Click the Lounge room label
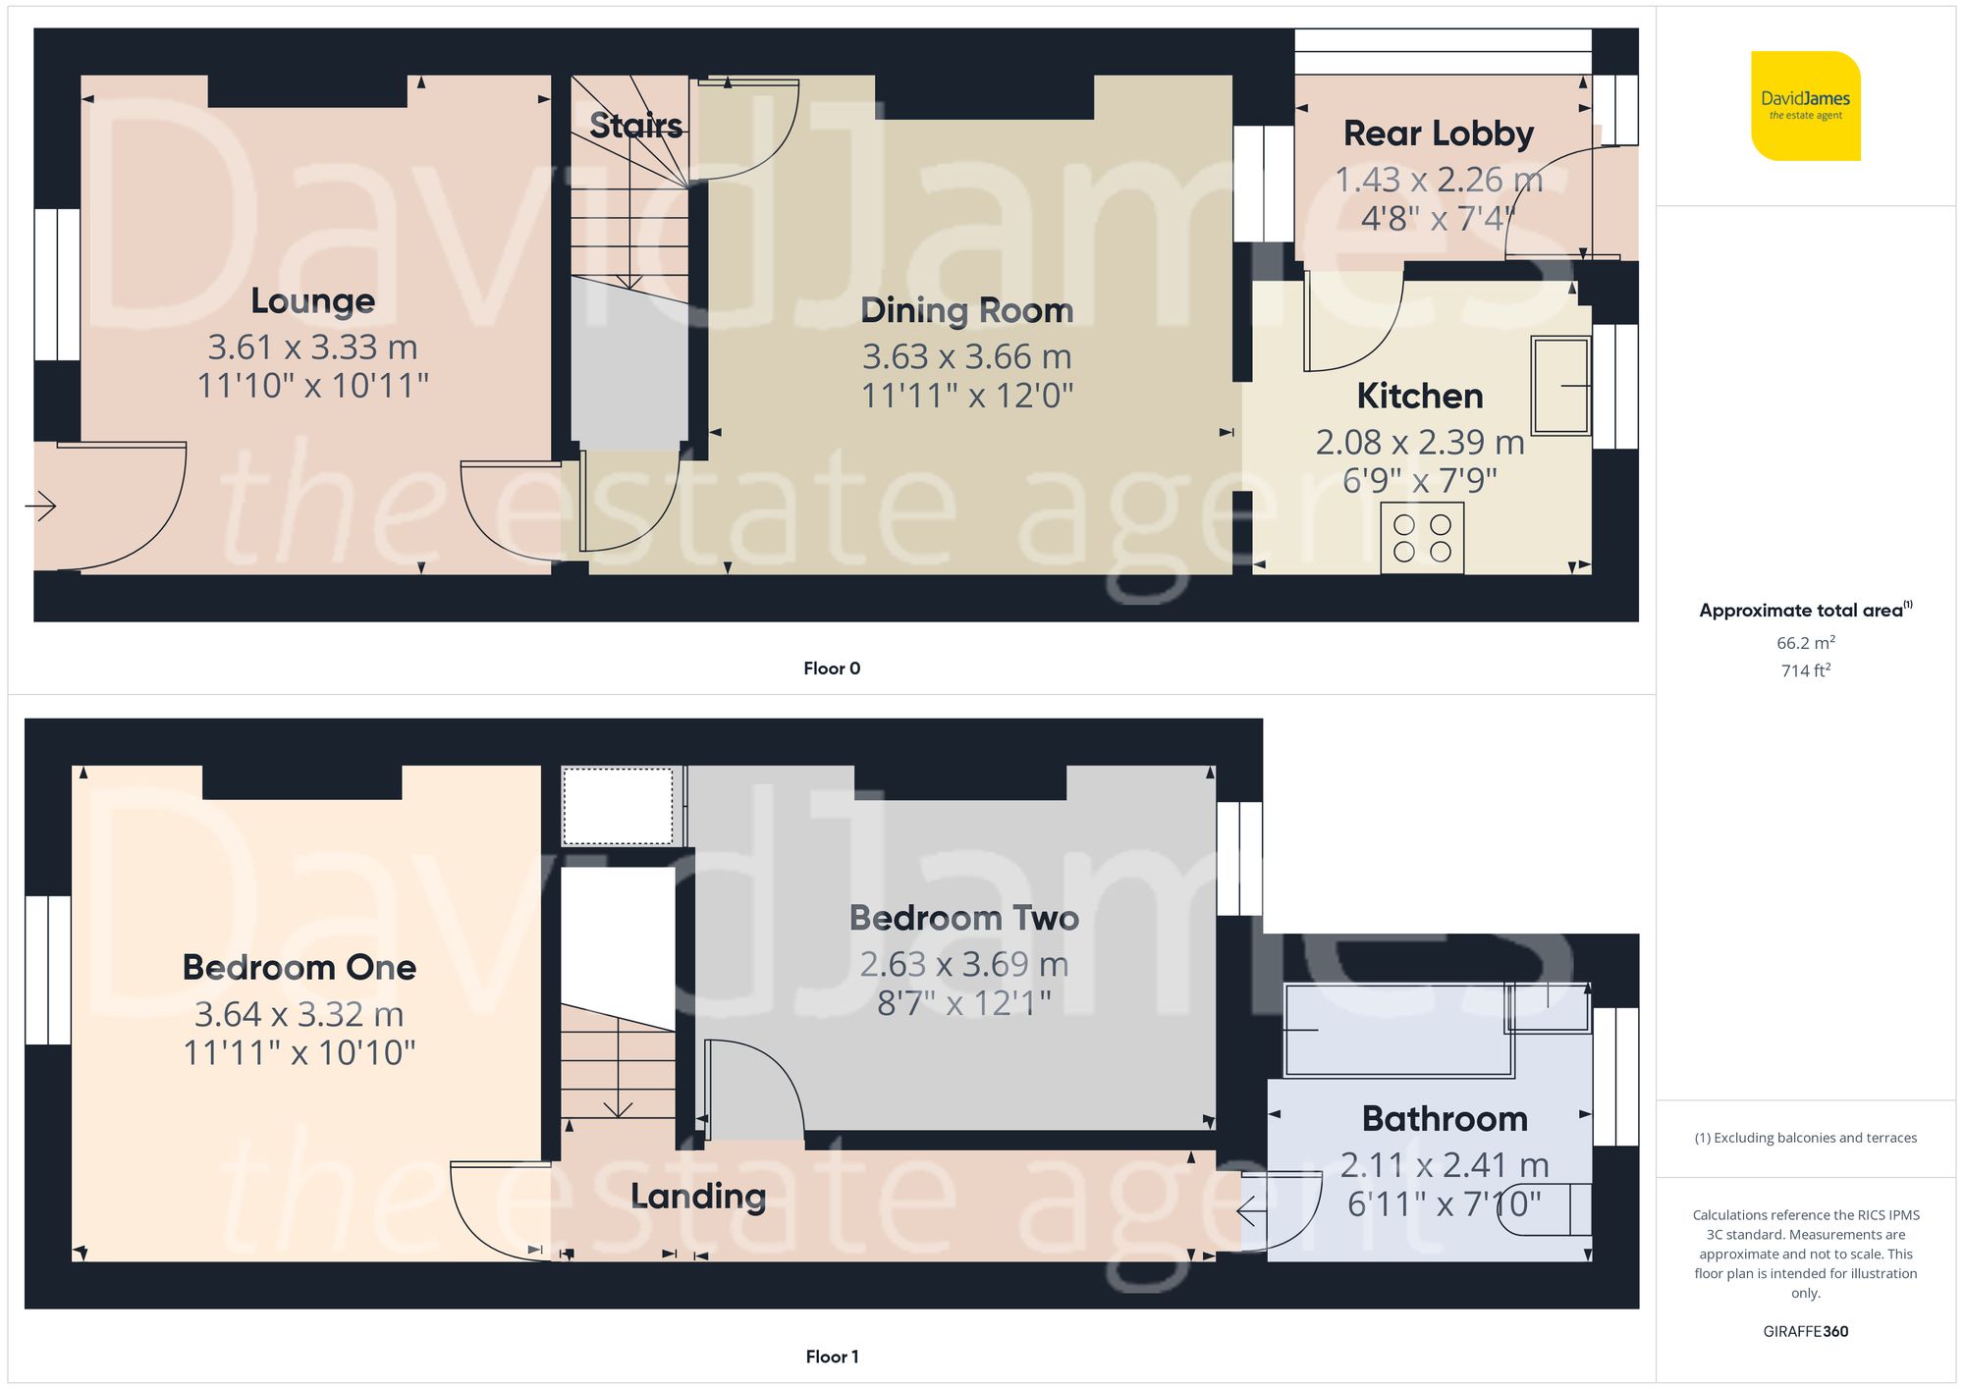click(312, 300)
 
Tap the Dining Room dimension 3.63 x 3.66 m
click(966, 356)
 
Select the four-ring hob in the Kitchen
click(1422, 538)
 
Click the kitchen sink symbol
click(1560, 385)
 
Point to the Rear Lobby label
click(1438, 134)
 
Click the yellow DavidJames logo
click(1805, 106)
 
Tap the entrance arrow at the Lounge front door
click(41, 507)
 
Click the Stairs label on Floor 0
click(635, 126)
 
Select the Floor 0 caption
click(831, 668)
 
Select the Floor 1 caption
click(831, 1357)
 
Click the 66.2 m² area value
click(1805, 643)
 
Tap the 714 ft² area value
click(1805, 670)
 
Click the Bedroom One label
click(300, 968)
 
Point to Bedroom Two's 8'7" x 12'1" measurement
click(963, 1003)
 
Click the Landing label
click(698, 1196)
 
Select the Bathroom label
click(1444, 1119)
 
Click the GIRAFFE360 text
click(1805, 1332)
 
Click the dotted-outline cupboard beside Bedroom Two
click(618, 806)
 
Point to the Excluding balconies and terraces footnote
click(1805, 1138)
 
